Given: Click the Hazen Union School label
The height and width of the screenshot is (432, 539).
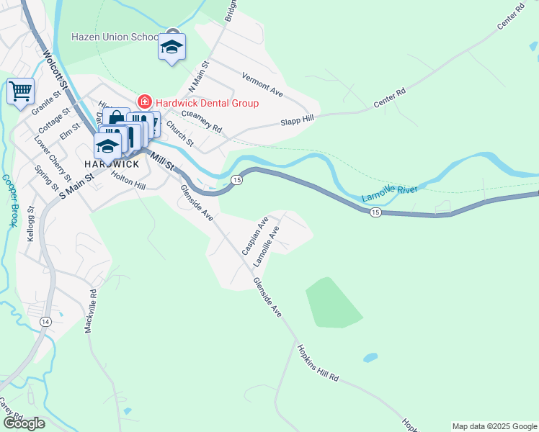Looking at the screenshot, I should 115,37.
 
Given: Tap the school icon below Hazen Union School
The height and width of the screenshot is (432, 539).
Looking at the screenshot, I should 171,48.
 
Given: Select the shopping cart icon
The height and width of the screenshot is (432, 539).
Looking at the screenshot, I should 20,91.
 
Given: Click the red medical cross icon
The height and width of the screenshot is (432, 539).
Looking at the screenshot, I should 144,102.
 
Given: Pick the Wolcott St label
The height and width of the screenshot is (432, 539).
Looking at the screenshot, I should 54,70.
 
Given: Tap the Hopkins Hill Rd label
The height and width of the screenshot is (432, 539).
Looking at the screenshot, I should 317,363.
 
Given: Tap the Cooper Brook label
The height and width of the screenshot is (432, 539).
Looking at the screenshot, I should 9,201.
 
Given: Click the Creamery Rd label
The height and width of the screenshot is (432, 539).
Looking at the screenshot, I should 202,122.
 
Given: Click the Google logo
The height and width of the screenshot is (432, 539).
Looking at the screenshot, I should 24,423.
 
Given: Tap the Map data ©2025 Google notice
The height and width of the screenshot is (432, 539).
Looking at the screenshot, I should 494,426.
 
